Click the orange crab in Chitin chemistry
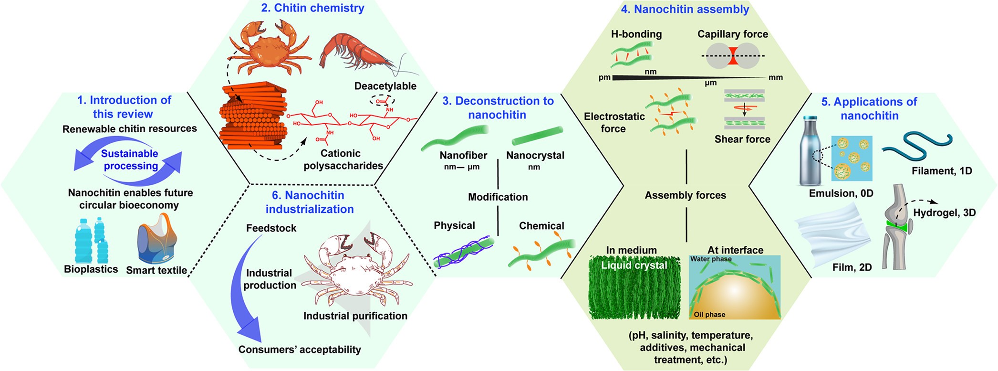270,46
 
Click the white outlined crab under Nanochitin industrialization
355,270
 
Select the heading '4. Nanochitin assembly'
685,9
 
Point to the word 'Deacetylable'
385,86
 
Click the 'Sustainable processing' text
130,159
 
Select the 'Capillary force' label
732,34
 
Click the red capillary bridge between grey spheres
733,56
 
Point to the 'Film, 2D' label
852,267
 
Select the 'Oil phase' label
709,315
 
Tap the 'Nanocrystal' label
535,155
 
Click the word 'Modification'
498,197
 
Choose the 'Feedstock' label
271,228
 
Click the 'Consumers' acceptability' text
300,350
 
